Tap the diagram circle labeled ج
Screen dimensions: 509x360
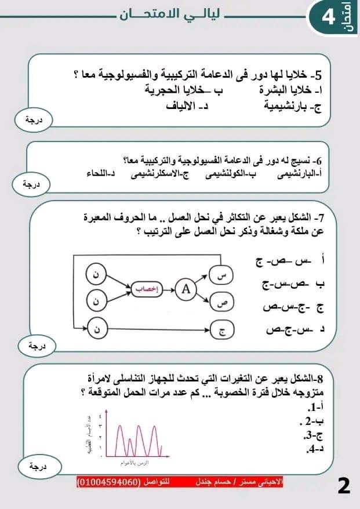pyautogui.click(x=223, y=330)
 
